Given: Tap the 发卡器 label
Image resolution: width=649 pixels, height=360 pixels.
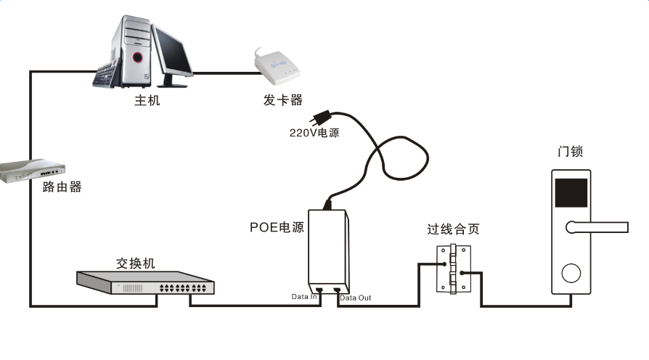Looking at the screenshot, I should [x=282, y=99].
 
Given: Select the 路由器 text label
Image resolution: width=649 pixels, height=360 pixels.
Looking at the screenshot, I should [x=62, y=187].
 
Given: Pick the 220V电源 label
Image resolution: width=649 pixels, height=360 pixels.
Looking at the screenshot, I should [x=314, y=134].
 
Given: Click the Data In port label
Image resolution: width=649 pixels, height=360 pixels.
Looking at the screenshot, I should [x=304, y=297].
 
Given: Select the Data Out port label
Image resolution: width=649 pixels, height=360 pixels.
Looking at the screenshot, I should [x=356, y=298].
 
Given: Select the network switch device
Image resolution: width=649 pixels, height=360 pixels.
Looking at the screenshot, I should [x=146, y=284].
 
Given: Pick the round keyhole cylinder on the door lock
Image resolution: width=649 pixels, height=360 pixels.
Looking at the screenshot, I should [x=571, y=273].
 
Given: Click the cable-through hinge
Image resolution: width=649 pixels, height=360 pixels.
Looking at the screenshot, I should [x=452, y=268].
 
